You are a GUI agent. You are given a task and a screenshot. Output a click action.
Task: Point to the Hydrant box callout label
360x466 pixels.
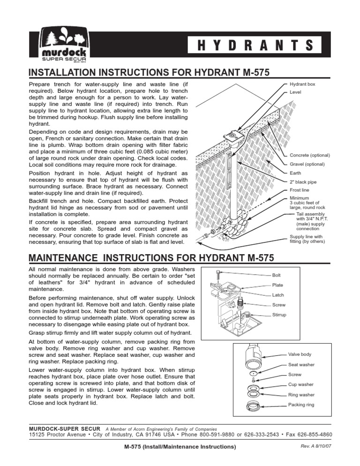302,84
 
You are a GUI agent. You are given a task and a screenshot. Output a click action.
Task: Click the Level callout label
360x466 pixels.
295,93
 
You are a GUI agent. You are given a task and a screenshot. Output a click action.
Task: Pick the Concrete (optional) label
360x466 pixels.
310,155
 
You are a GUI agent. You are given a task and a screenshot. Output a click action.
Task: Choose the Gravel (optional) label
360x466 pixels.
307,165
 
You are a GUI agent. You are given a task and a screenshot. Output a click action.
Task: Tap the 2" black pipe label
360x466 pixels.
303,182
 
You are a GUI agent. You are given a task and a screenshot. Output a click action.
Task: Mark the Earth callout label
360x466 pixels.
295,173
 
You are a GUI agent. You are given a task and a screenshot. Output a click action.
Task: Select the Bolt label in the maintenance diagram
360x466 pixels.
277,275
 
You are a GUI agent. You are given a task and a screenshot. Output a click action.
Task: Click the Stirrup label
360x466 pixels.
280,315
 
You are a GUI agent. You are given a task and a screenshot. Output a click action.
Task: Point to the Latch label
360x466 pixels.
278,295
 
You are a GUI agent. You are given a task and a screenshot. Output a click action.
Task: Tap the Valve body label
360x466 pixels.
300,354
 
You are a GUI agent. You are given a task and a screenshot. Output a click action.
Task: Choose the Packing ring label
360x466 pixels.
301,404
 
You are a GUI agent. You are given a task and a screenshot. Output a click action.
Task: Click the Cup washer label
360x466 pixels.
300,384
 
